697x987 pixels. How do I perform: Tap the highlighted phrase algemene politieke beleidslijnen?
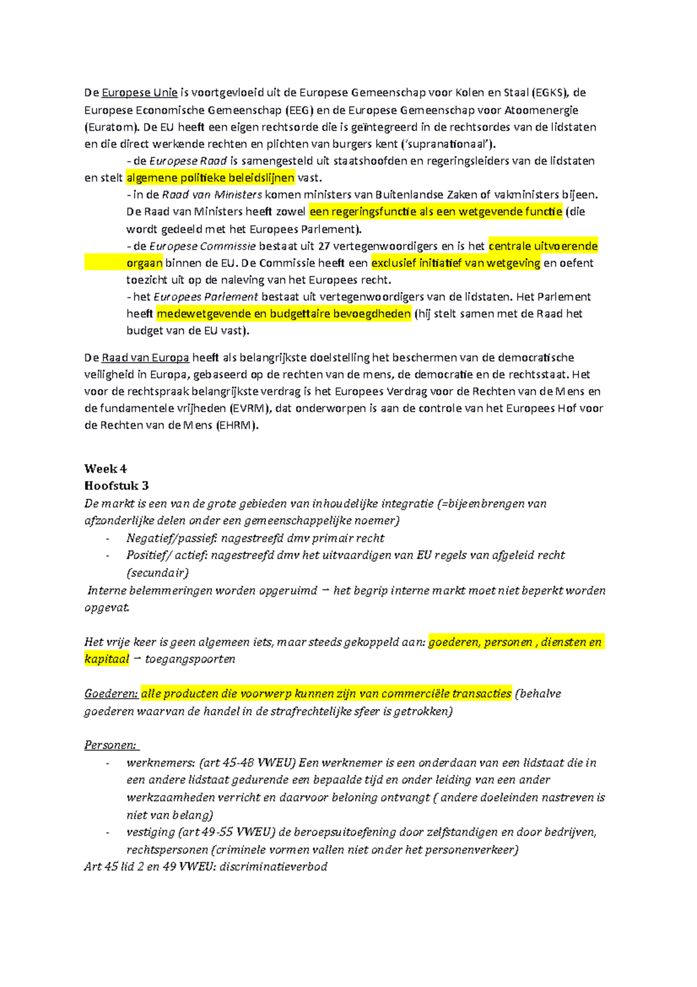210,178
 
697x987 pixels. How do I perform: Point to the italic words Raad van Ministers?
212,195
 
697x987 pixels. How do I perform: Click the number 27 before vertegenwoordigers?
324,246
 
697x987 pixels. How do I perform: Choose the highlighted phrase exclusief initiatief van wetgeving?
456,263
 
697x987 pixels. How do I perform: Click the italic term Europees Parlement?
206,297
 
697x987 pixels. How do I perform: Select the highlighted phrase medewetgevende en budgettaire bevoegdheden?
284,314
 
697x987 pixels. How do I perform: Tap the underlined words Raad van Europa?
145,358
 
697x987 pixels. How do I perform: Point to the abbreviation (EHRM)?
237,425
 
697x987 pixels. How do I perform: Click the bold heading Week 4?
105,469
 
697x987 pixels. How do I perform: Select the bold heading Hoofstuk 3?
116,486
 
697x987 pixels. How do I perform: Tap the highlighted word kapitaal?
107,659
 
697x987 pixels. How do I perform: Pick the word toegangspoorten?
190,659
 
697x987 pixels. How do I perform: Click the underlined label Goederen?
111,693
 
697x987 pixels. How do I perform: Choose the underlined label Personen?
111,746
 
